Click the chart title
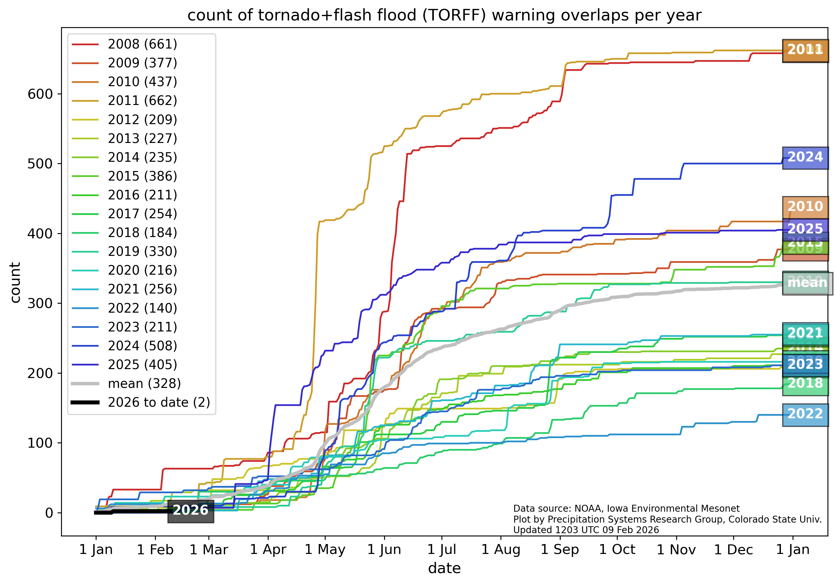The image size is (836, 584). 444,15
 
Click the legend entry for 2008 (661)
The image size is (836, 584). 142,44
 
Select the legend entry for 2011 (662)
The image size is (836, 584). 142,101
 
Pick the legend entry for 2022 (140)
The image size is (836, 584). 142,308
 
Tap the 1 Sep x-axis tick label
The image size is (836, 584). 560,549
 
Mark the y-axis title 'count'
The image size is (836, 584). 15,283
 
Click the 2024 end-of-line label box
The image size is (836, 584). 805,157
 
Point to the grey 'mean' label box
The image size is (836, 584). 807,283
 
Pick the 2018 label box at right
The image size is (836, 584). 805,383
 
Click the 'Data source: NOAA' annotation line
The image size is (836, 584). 626,508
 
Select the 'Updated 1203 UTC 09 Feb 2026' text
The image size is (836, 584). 586,530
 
